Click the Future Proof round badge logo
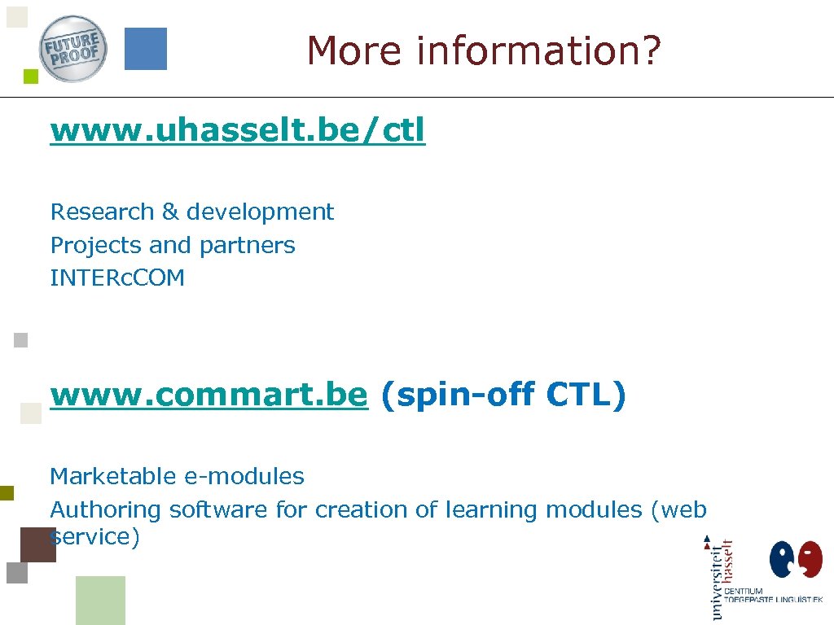click(73, 49)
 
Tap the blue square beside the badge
click(146, 49)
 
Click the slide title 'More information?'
click(485, 50)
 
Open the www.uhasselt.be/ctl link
click(237, 130)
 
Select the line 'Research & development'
click(192, 212)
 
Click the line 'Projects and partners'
click(173, 245)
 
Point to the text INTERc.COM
click(117, 278)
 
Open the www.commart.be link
click(208, 395)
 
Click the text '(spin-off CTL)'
click(503, 395)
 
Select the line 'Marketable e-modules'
click(177, 476)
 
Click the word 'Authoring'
click(106, 510)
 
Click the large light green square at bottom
click(100, 601)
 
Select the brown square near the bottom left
click(37, 544)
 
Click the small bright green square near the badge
click(31, 77)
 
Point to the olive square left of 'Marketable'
click(7, 492)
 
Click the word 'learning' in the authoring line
click(492, 510)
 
